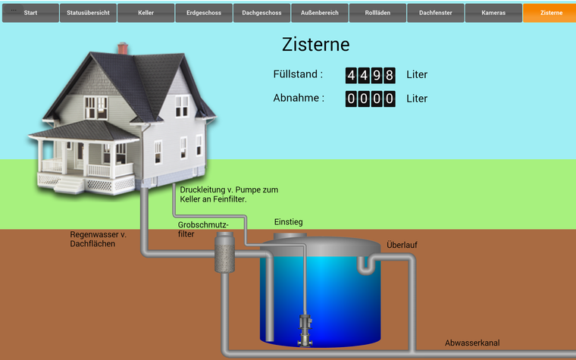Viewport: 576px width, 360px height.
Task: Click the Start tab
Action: tap(30, 13)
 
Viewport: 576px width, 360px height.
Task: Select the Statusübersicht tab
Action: tap(89, 13)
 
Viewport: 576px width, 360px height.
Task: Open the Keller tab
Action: tap(146, 13)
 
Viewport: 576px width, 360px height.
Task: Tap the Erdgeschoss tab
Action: tap(204, 13)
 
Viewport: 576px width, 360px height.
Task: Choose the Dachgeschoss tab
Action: tap(262, 13)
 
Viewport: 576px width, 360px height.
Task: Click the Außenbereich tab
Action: tap(320, 13)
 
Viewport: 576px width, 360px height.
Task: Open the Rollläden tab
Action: tap(377, 13)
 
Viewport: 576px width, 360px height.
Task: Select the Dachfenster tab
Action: tap(435, 13)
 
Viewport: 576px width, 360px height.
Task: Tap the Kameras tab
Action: tap(493, 13)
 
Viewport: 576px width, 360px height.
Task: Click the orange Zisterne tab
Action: tap(551, 13)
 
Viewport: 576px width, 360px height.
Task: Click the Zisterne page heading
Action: tap(316, 44)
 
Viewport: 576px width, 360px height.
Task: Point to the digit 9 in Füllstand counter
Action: tap(377, 75)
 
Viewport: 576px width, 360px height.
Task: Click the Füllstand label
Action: tap(298, 74)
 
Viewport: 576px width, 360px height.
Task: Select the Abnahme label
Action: tap(299, 98)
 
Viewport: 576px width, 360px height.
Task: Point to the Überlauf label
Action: tap(402, 245)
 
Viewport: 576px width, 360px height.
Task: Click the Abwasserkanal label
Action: tap(472, 343)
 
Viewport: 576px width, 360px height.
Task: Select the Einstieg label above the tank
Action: tap(288, 222)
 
